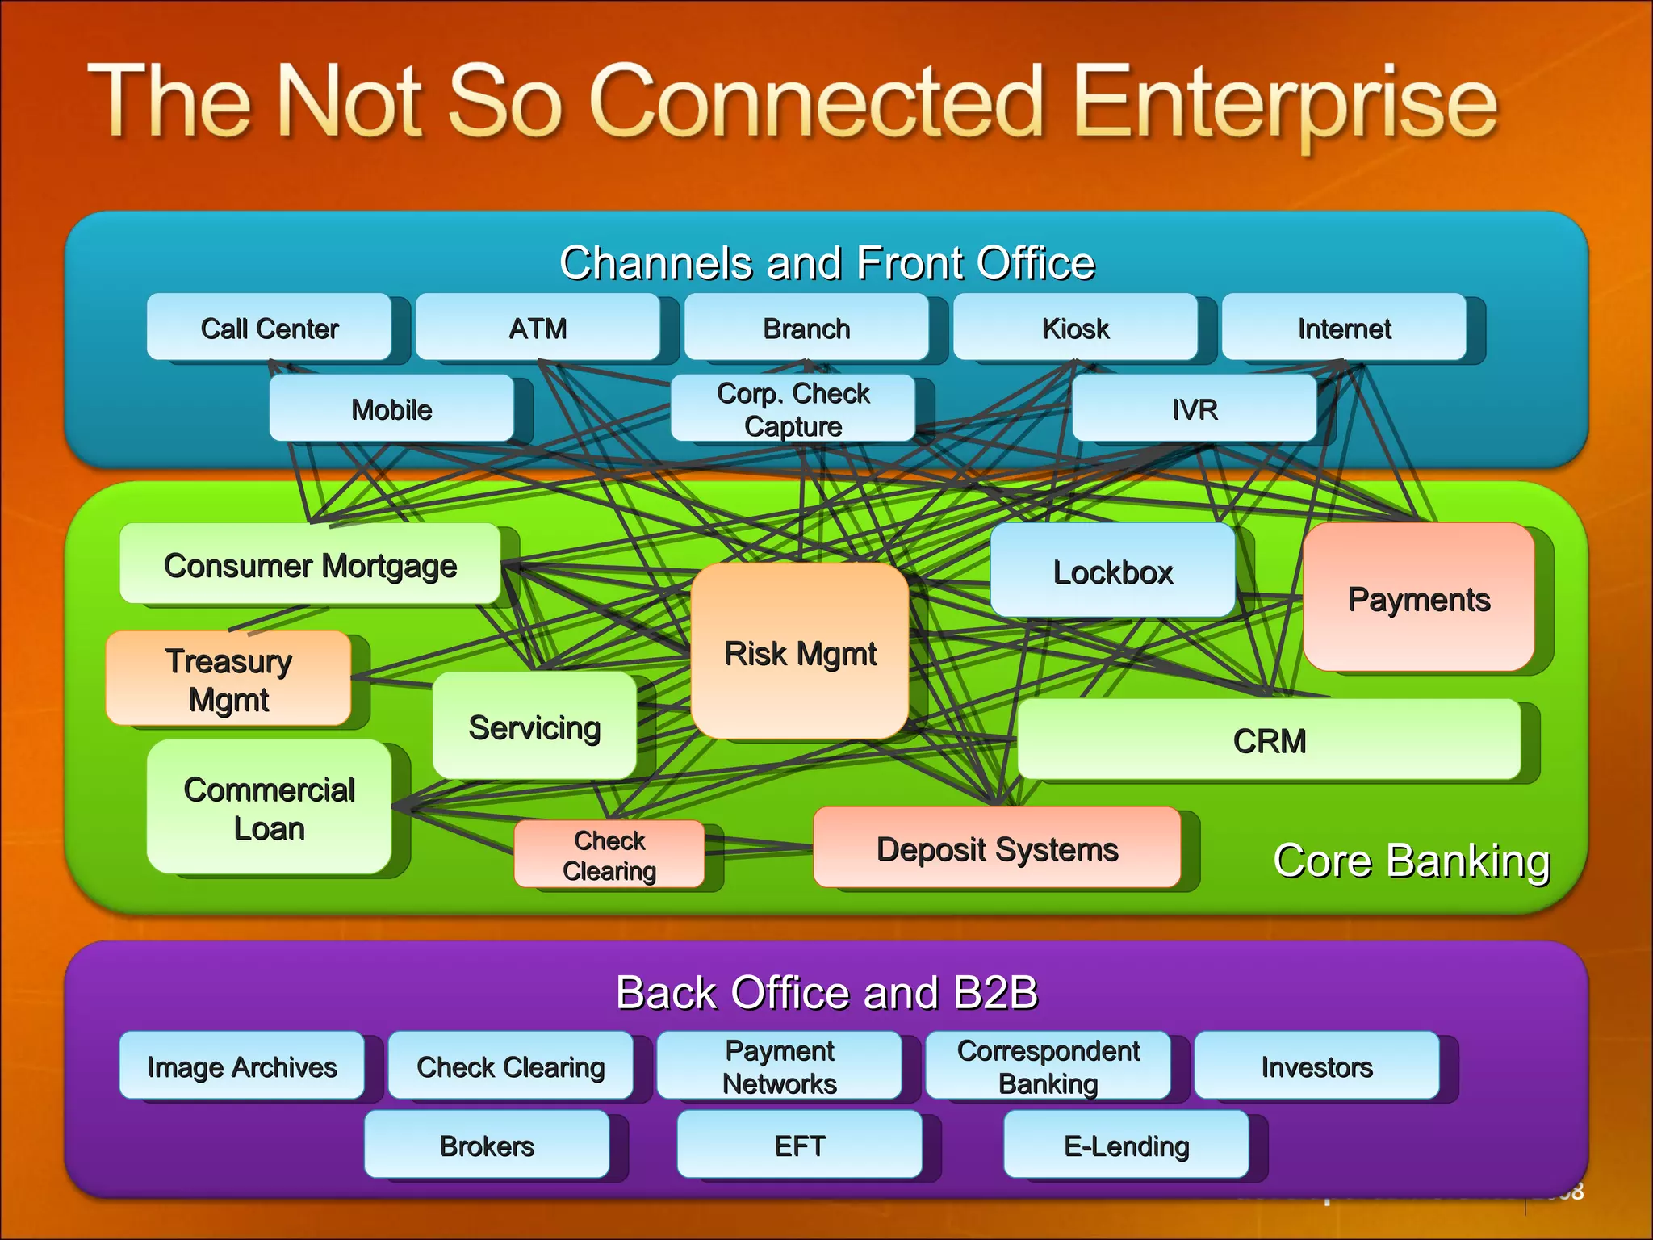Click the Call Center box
click(x=269, y=328)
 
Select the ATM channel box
click(x=538, y=328)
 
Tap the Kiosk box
click(x=1075, y=328)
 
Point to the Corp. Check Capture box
click(x=793, y=408)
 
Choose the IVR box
click(x=1194, y=408)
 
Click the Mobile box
click(x=391, y=408)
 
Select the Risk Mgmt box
click(x=800, y=652)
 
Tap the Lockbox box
click(x=1112, y=572)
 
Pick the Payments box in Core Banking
click(x=1418, y=598)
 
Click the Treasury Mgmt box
click(x=228, y=679)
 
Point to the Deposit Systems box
click(x=997, y=848)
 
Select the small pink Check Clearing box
click(x=609, y=855)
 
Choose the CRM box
click(x=1269, y=740)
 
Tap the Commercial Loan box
click(x=269, y=808)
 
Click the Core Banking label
click(x=1411, y=861)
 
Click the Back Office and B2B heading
click(x=826, y=992)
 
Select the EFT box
click(x=799, y=1145)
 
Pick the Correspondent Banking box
click(x=1048, y=1066)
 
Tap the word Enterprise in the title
click(x=1285, y=103)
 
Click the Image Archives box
click(x=241, y=1066)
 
